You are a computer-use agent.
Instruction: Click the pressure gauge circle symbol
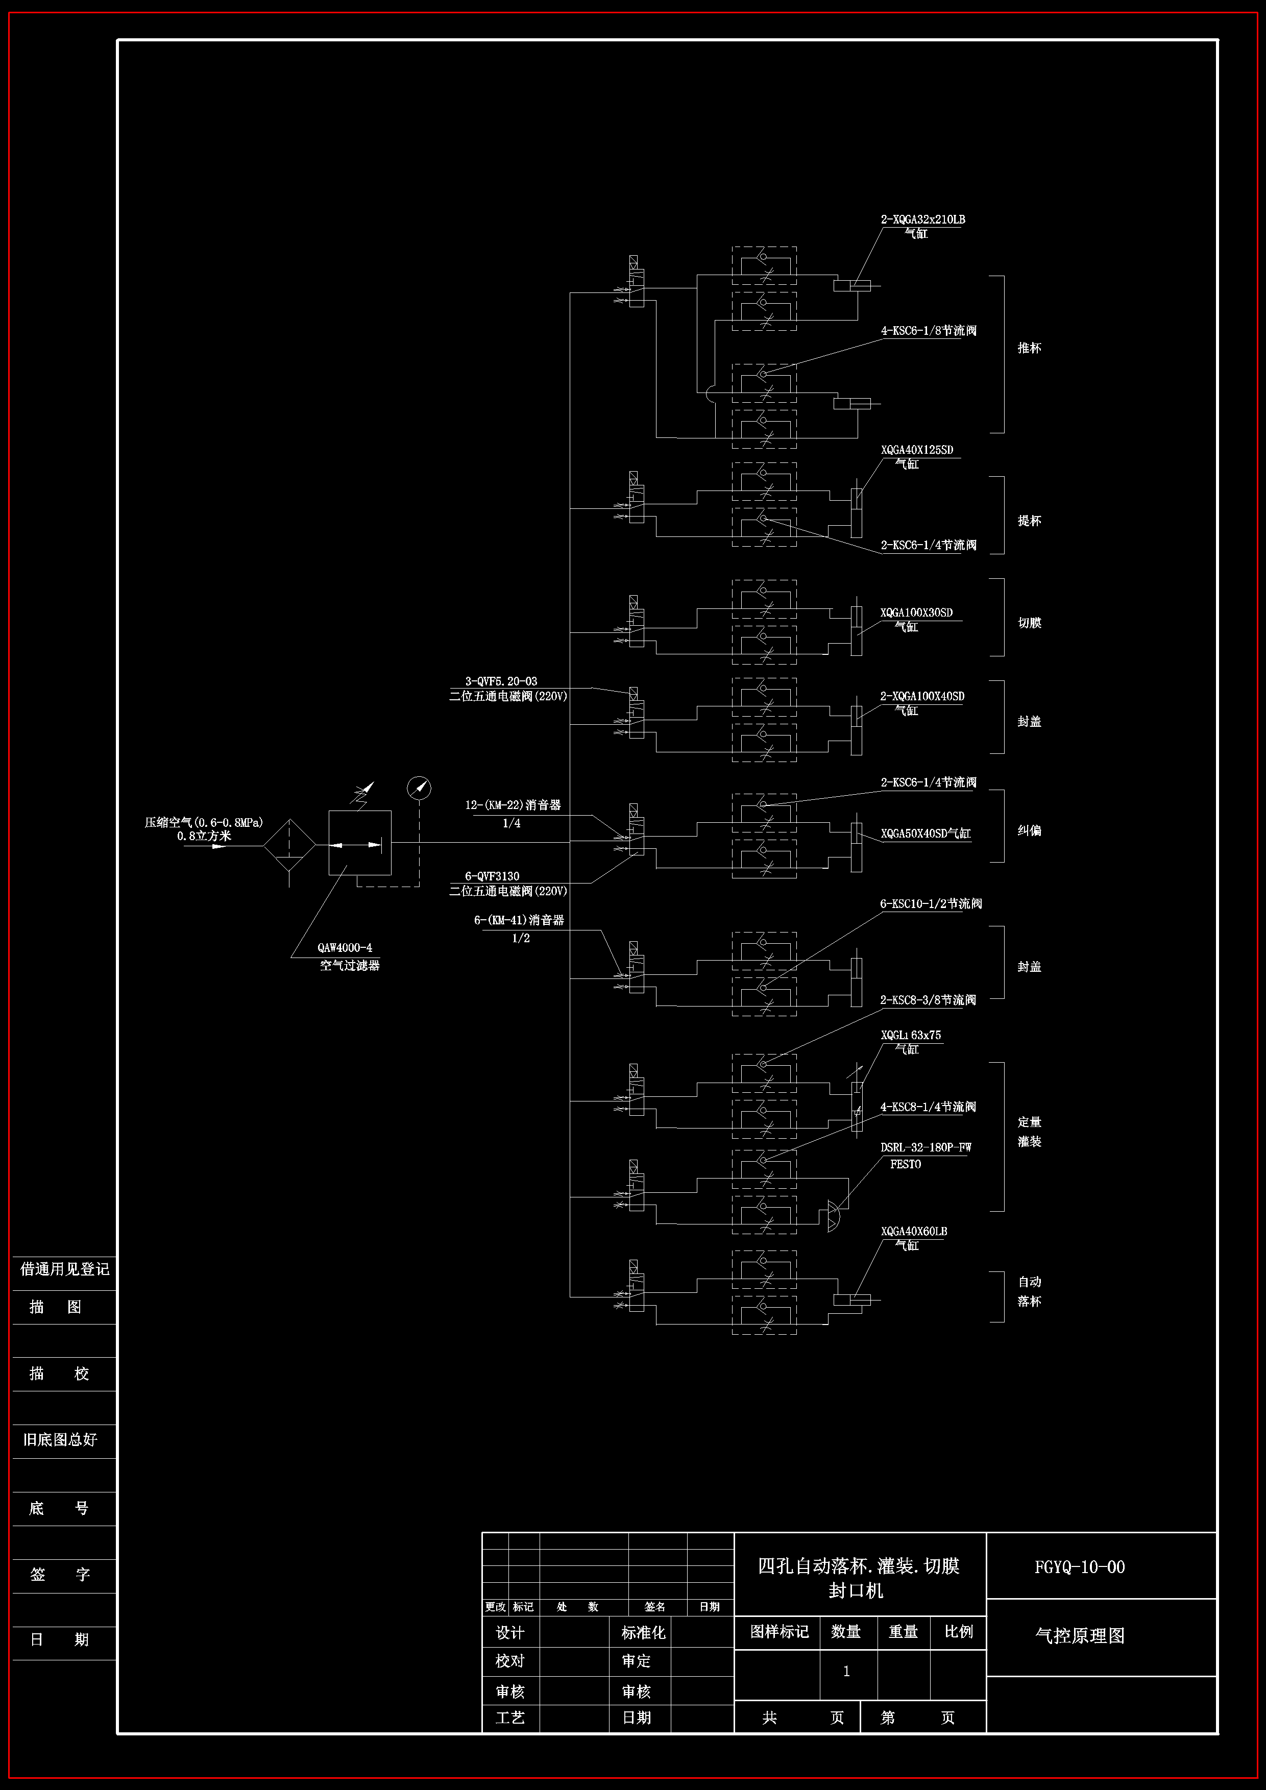[420, 788]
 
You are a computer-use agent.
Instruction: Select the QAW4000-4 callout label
[345, 948]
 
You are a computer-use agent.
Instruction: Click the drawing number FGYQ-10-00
[1080, 1568]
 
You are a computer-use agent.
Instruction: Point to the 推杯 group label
[1029, 348]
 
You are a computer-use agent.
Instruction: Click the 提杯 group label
[1029, 521]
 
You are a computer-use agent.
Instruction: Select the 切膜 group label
[1029, 623]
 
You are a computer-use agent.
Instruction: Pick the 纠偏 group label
[1029, 830]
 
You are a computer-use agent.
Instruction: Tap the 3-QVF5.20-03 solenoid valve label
[501, 681]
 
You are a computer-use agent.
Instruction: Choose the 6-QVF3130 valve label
[492, 876]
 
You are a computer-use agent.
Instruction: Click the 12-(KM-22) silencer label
[513, 804]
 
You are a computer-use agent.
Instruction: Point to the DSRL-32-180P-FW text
[926, 1147]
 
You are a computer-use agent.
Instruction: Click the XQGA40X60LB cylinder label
[914, 1232]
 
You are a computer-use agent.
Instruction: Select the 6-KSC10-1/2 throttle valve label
[931, 903]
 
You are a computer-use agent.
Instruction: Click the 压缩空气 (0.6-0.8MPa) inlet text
[204, 822]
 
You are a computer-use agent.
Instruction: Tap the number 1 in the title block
[846, 1672]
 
